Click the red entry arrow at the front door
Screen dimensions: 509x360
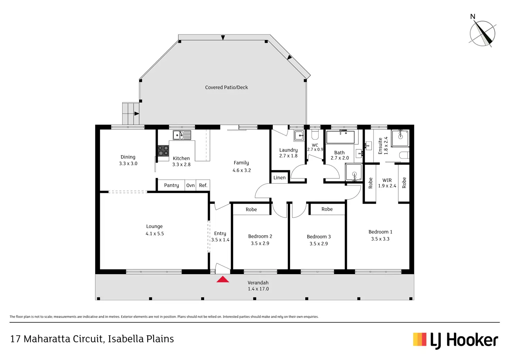click(x=223, y=279)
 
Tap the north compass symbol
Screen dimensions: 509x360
click(x=482, y=34)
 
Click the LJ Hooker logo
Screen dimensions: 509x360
click(x=455, y=340)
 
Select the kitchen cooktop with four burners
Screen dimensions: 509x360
click(x=163, y=151)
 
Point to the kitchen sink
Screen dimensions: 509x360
click(x=182, y=135)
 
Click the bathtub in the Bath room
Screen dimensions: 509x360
click(x=340, y=137)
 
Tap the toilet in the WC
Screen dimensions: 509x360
click(x=315, y=134)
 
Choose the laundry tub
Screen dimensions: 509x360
click(x=299, y=136)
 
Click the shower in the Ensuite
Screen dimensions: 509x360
click(x=400, y=138)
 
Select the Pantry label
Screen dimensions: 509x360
click(x=172, y=185)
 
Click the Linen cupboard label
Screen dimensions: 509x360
click(x=279, y=178)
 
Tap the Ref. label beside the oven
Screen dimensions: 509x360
click(x=203, y=185)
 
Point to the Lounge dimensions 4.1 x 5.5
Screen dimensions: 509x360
click(x=155, y=234)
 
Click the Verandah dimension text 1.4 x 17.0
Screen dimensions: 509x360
click(x=258, y=289)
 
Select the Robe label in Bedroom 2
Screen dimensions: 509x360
click(x=251, y=210)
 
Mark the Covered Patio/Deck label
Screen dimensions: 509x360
click(x=226, y=87)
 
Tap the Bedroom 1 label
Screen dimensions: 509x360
click(x=380, y=232)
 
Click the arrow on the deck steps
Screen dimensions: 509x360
click(x=137, y=113)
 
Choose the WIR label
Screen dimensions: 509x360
click(x=387, y=180)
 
